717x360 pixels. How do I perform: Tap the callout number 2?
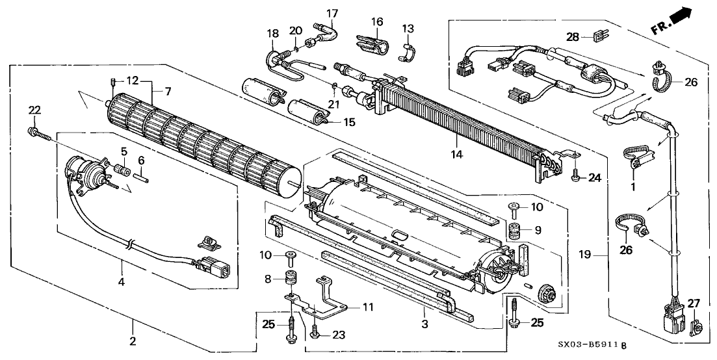(133, 341)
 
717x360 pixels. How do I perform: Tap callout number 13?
(407, 29)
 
